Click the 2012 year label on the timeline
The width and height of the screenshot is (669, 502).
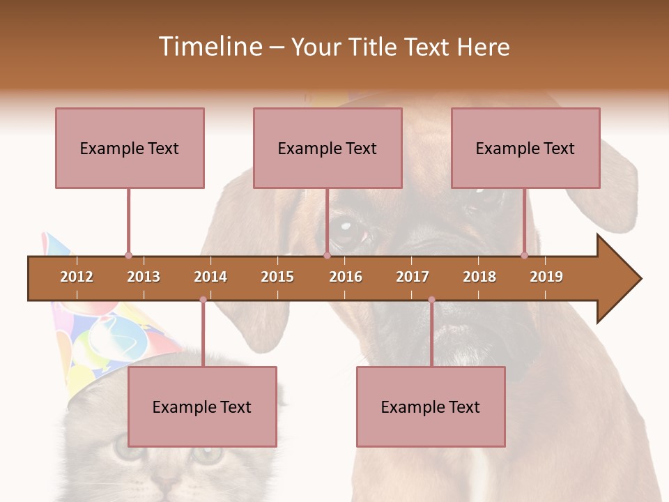click(77, 277)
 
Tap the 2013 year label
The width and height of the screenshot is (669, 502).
click(144, 277)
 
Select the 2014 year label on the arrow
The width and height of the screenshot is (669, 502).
click(210, 277)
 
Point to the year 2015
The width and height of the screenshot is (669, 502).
click(277, 277)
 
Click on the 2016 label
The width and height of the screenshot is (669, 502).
click(346, 277)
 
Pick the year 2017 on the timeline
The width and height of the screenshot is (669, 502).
click(413, 277)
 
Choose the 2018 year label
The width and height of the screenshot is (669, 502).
click(479, 277)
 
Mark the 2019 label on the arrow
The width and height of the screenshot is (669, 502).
click(546, 277)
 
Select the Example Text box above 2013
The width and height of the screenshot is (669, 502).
click(130, 148)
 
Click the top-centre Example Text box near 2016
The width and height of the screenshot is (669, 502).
click(328, 148)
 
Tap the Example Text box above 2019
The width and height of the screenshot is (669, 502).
click(525, 148)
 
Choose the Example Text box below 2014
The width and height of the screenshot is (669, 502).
click(202, 406)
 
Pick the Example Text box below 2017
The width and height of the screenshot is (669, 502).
click(431, 406)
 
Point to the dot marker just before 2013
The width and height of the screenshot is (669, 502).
click(128, 256)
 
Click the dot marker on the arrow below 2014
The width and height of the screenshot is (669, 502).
click(203, 300)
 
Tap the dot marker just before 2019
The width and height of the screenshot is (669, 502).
click(525, 256)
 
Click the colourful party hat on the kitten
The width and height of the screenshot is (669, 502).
click(105, 335)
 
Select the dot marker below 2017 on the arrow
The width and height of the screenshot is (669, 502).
click(431, 300)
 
